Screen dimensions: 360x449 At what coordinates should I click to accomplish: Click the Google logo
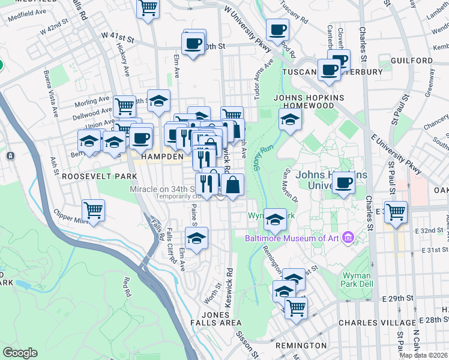point(20,353)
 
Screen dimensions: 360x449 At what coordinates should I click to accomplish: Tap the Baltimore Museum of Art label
point(292,238)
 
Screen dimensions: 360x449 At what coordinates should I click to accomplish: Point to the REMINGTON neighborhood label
point(301,346)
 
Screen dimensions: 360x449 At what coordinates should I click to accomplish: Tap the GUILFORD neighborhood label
point(411,61)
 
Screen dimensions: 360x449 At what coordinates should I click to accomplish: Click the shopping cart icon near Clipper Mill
point(94,211)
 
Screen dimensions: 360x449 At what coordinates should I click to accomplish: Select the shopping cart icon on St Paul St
point(396,212)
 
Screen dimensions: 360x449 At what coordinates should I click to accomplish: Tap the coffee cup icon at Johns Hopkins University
point(343,182)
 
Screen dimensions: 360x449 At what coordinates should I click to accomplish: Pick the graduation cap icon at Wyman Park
point(276,220)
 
